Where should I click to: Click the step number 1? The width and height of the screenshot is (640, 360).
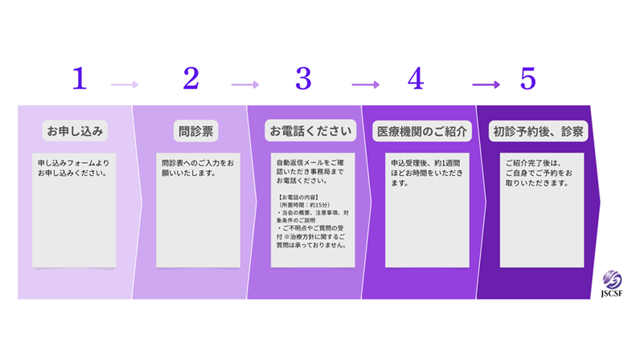click(x=79, y=79)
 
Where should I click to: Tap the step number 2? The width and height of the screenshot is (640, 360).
click(x=191, y=79)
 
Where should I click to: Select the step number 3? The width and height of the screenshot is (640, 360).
click(x=303, y=79)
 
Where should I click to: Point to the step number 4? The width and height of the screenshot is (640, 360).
click(x=415, y=79)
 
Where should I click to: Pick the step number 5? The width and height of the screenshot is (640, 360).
click(x=527, y=79)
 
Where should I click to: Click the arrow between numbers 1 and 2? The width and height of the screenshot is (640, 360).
click(x=125, y=84)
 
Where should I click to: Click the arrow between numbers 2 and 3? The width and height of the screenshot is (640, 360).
click(x=245, y=84)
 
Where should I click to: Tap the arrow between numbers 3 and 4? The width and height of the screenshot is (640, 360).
click(x=365, y=84)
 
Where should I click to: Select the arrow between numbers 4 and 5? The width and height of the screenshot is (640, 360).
click(x=486, y=84)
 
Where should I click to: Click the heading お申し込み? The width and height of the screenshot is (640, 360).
click(x=75, y=130)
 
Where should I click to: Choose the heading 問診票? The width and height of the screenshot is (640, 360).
click(x=195, y=130)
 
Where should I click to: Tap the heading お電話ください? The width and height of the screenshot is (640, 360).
click(x=310, y=130)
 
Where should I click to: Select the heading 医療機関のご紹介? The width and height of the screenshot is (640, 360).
click(x=423, y=130)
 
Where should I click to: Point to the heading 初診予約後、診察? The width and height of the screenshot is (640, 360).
click(x=538, y=130)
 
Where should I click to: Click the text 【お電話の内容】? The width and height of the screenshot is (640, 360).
click(x=298, y=197)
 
